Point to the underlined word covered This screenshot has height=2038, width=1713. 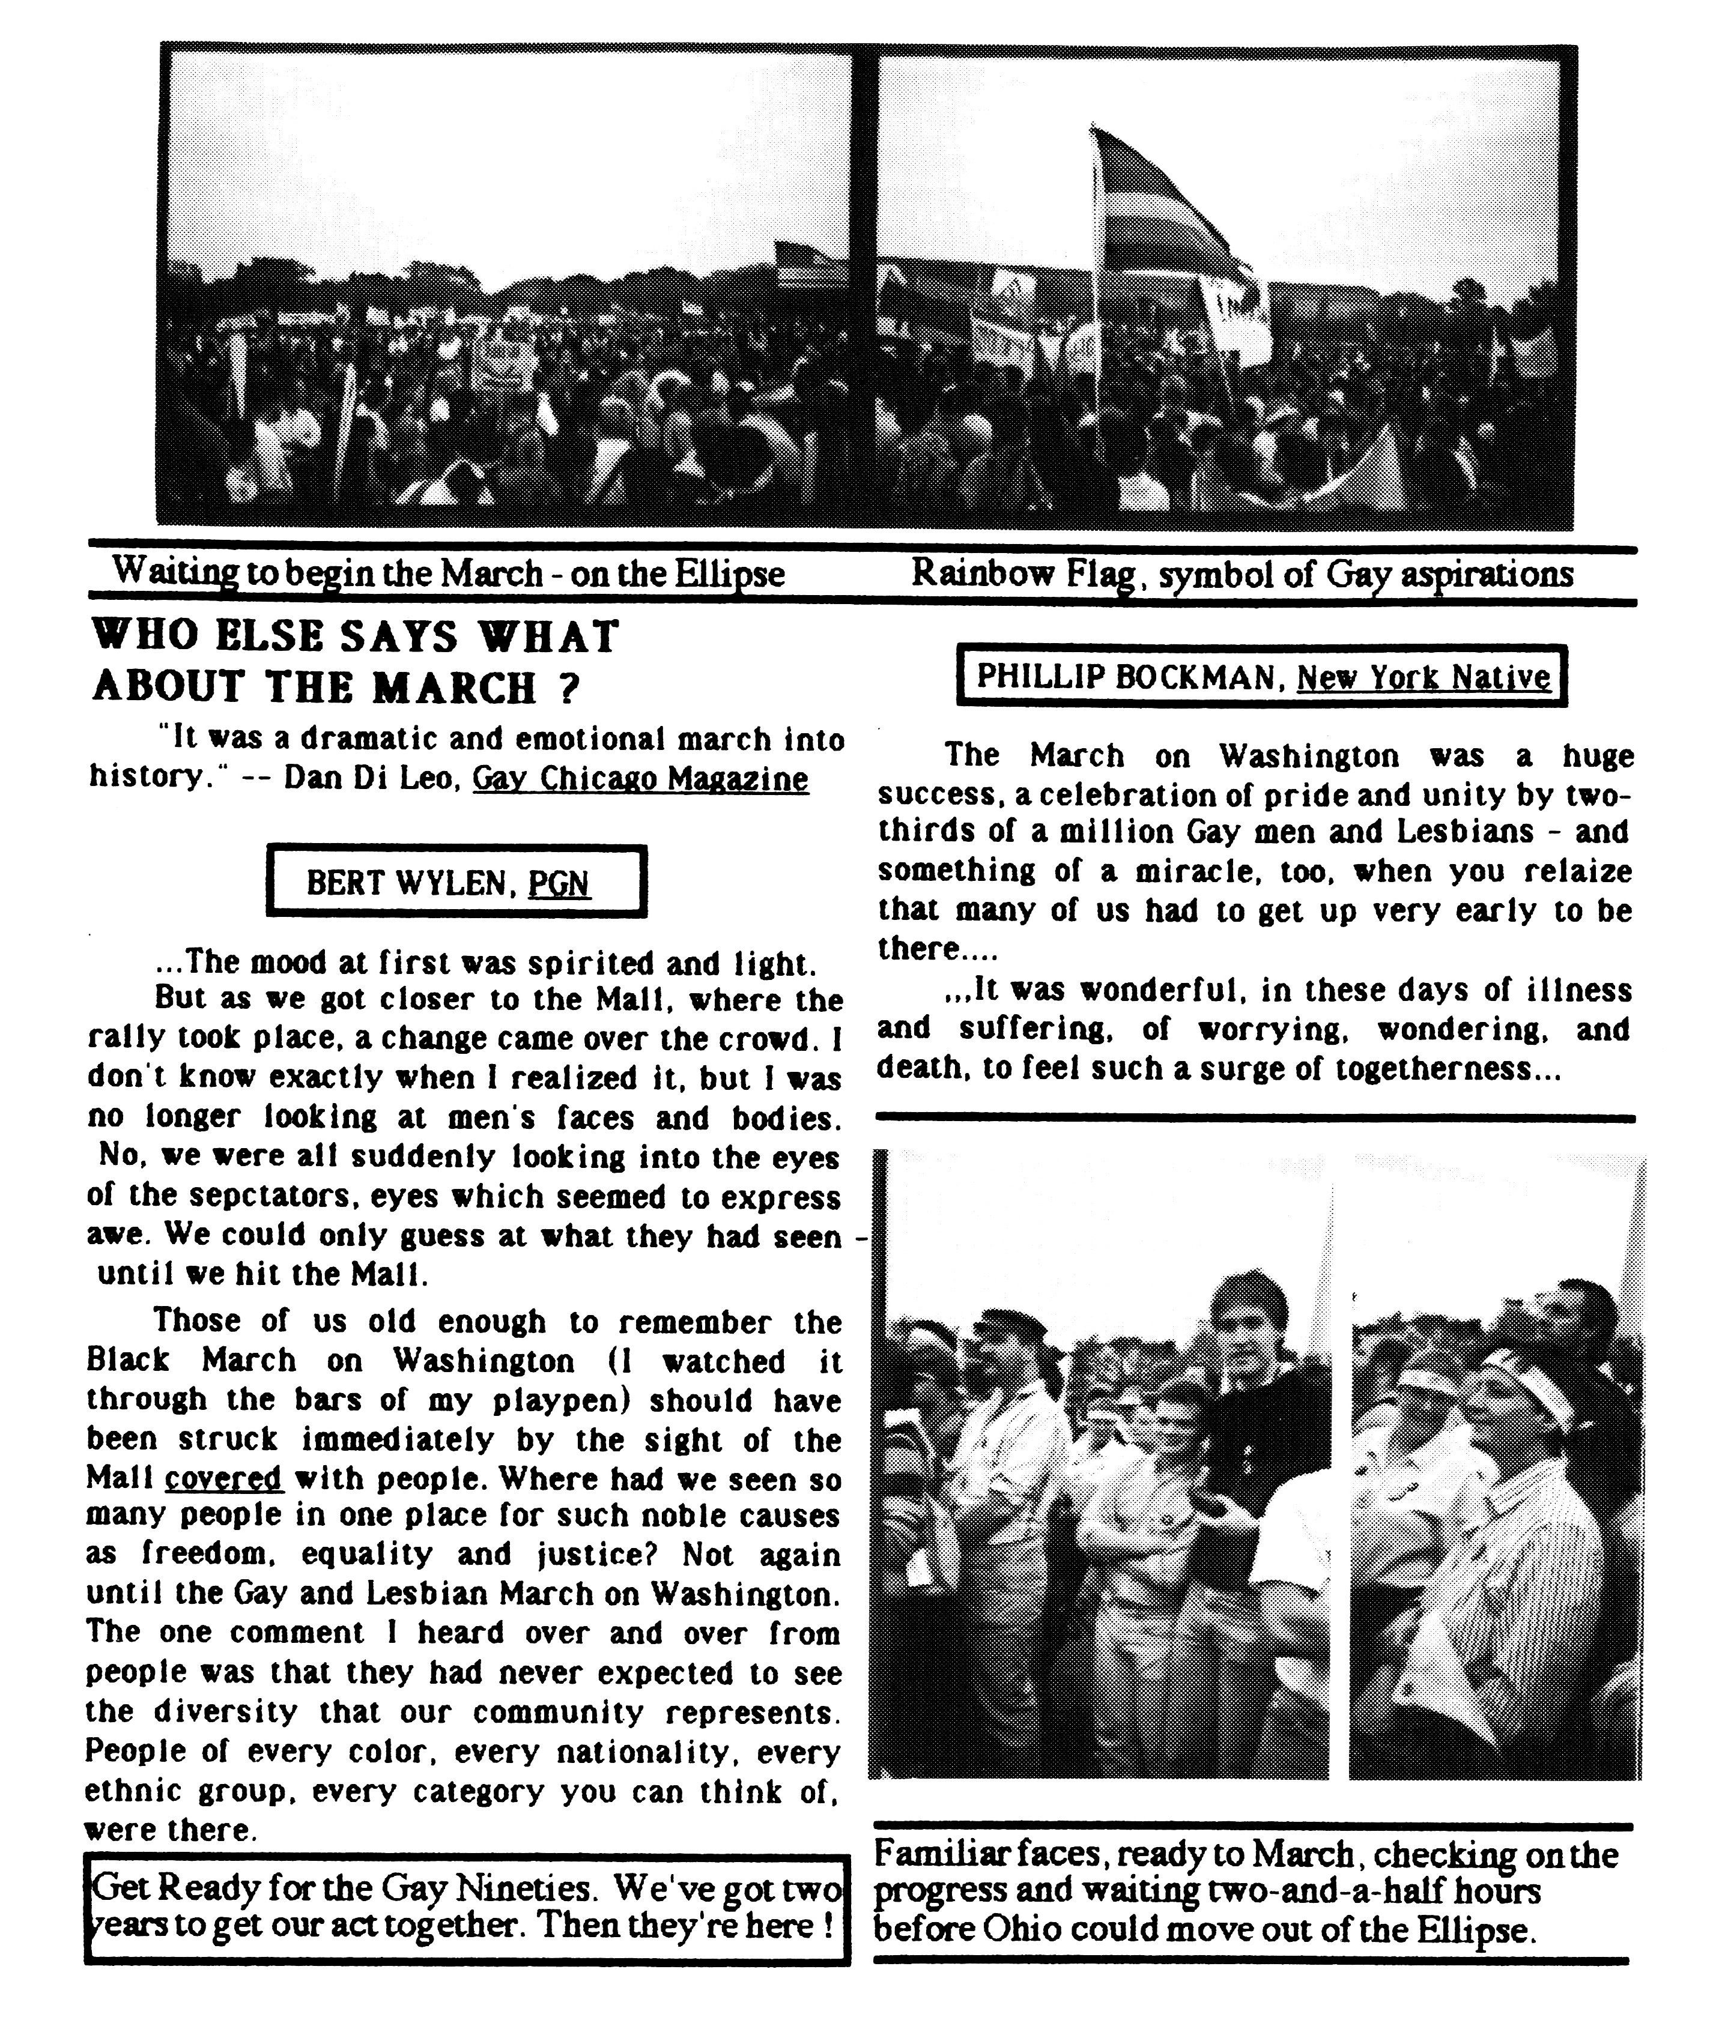(223, 1479)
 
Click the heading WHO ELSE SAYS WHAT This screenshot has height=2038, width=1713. (354, 638)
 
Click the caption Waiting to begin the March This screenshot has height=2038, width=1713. (447, 574)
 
